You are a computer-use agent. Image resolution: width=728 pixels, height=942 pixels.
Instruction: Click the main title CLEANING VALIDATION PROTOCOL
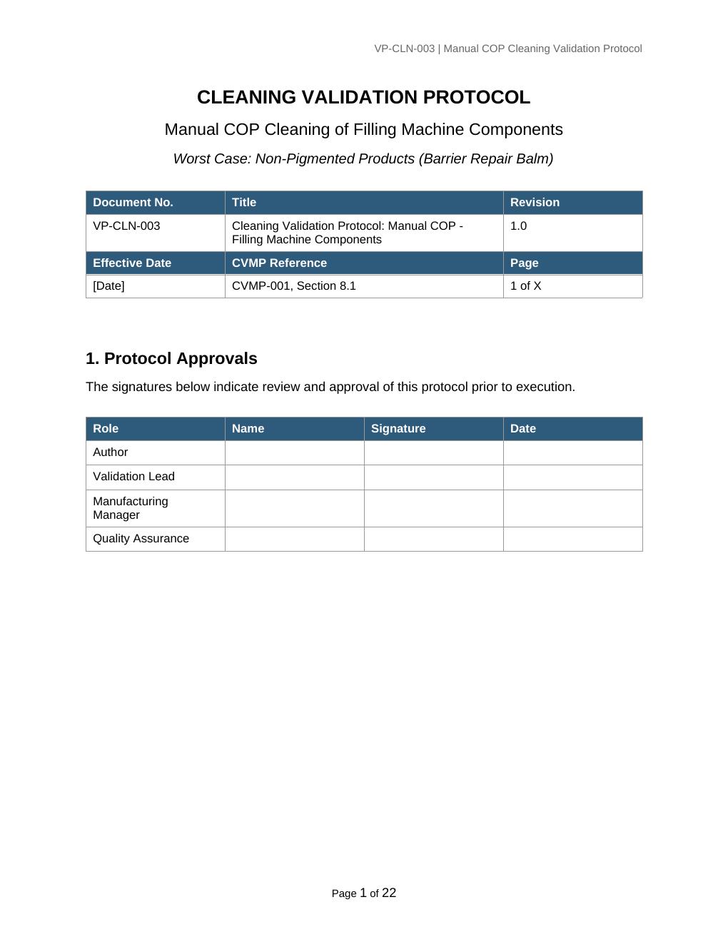coord(363,97)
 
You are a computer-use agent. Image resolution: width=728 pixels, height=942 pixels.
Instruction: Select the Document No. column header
coord(133,202)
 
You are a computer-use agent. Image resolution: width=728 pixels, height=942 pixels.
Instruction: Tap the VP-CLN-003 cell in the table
coord(126,226)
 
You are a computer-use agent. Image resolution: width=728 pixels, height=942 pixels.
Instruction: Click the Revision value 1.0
coord(518,226)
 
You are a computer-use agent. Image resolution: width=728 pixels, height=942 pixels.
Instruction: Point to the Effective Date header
coord(132,263)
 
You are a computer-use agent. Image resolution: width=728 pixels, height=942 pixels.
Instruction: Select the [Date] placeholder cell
coord(108,285)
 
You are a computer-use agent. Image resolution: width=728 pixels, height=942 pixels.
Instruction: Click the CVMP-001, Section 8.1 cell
coord(293,285)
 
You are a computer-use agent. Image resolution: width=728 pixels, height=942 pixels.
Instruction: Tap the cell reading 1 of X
coord(525,285)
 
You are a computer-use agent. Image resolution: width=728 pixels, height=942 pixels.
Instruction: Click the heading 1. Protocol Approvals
coord(171,358)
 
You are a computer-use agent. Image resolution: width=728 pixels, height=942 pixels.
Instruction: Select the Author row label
coord(110,452)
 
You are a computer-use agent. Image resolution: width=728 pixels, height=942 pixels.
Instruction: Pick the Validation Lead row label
coord(133,476)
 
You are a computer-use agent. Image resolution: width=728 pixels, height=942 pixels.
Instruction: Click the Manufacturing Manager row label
coord(131,507)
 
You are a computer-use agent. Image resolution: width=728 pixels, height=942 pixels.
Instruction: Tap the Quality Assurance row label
coord(141,538)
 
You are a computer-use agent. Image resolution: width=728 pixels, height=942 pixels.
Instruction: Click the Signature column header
coord(398,428)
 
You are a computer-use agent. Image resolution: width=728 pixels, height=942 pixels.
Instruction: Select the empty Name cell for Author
coord(294,452)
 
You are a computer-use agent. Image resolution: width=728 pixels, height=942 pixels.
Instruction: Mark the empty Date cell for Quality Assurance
coord(572,539)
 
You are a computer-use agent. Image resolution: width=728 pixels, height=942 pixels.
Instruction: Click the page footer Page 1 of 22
coord(363,893)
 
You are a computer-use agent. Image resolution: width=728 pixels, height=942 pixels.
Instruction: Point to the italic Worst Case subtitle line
coord(363,158)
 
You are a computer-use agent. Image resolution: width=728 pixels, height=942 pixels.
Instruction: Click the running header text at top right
coord(507,49)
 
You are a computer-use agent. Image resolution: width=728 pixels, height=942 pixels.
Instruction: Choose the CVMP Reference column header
coord(279,263)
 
